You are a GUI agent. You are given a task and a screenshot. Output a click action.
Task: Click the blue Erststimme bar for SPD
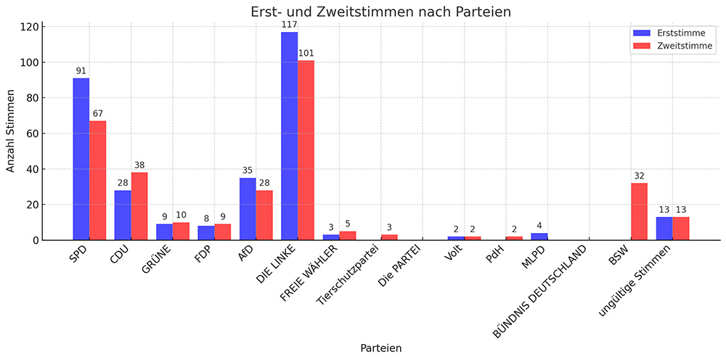[x=81, y=159]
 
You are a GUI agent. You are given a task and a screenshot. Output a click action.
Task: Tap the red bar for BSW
[x=639, y=211]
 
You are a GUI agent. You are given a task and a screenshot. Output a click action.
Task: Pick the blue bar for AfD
[x=248, y=209]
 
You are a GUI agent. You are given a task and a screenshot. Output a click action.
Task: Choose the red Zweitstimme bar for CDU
[x=139, y=206]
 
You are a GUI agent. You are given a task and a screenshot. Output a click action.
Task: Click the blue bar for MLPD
[x=539, y=237]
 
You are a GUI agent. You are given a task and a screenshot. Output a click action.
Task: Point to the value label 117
[x=289, y=25]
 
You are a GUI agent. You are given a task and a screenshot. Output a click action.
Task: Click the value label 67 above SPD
[x=98, y=114]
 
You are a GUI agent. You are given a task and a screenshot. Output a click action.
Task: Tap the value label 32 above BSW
[x=639, y=176]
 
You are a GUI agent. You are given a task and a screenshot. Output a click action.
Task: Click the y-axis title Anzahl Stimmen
[x=11, y=131]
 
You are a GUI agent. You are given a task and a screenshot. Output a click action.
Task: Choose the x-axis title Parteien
[x=381, y=348]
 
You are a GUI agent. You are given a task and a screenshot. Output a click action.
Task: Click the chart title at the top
[x=381, y=12]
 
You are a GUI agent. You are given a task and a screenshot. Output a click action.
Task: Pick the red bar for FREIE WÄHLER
[x=348, y=235]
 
